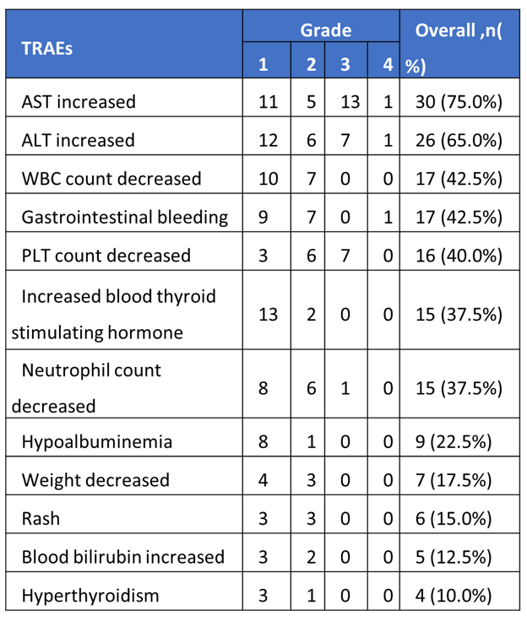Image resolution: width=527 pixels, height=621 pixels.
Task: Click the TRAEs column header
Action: pos(46,49)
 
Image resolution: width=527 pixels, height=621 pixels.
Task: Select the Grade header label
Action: pos(325,30)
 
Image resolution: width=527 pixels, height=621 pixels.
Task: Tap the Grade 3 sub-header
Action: pos(345,64)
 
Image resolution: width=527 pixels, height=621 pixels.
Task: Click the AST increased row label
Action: pos(79,102)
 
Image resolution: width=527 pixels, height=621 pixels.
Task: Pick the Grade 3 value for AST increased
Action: pos(350,102)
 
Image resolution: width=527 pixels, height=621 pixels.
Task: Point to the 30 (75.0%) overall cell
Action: pos(459,102)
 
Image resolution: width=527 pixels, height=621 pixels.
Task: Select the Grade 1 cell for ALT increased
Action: pos(268,141)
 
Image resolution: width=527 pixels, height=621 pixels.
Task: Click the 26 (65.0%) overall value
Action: pos(459,141)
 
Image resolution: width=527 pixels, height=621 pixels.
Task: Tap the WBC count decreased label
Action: pos(111,179)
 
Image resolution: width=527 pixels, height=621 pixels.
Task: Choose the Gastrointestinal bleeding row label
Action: pos(125,217)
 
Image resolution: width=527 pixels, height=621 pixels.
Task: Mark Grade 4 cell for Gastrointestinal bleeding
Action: pos(388,218)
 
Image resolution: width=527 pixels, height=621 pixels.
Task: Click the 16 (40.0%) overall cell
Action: pos(459,256)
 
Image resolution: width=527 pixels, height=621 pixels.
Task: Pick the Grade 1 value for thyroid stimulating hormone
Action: pos(268,315)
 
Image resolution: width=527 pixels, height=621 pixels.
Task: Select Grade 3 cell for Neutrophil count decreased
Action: pos(345,388)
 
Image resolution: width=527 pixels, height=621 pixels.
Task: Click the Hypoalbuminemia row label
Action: pos(97,441)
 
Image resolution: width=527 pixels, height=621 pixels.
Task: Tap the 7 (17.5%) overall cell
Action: pos(454,480)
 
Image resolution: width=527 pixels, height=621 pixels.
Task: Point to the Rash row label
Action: pos(41,519)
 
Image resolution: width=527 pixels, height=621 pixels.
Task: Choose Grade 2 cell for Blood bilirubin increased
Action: pos(312,557)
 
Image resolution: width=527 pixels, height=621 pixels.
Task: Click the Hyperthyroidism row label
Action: pos(90,596)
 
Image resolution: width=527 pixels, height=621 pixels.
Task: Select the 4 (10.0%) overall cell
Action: pos(454,596)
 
